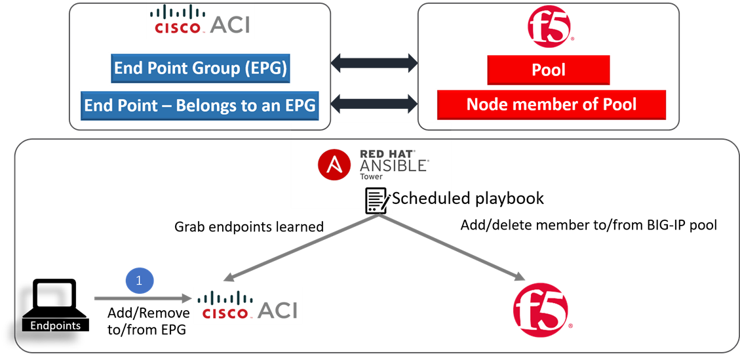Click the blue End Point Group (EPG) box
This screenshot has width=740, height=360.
[x=200, y=69]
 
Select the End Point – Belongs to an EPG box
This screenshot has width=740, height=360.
[x=200, y=106]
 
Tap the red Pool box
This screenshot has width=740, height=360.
[x=549, y=70]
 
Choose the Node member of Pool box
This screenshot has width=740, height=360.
[x=551, y=104]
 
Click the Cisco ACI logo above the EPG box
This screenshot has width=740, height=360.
[x=200, y=21]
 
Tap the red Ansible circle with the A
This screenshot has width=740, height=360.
[x=334, y=165]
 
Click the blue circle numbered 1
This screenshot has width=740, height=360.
[x=138, y=281]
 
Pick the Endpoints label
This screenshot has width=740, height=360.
[x=56, y=325]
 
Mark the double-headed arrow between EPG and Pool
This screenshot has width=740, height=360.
[x=374, y=64]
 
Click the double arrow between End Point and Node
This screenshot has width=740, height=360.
[x=374, y=103]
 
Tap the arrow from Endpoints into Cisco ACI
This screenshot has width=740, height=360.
[x=142, y=299]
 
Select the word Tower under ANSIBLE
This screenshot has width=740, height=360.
[x=372, y=176]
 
